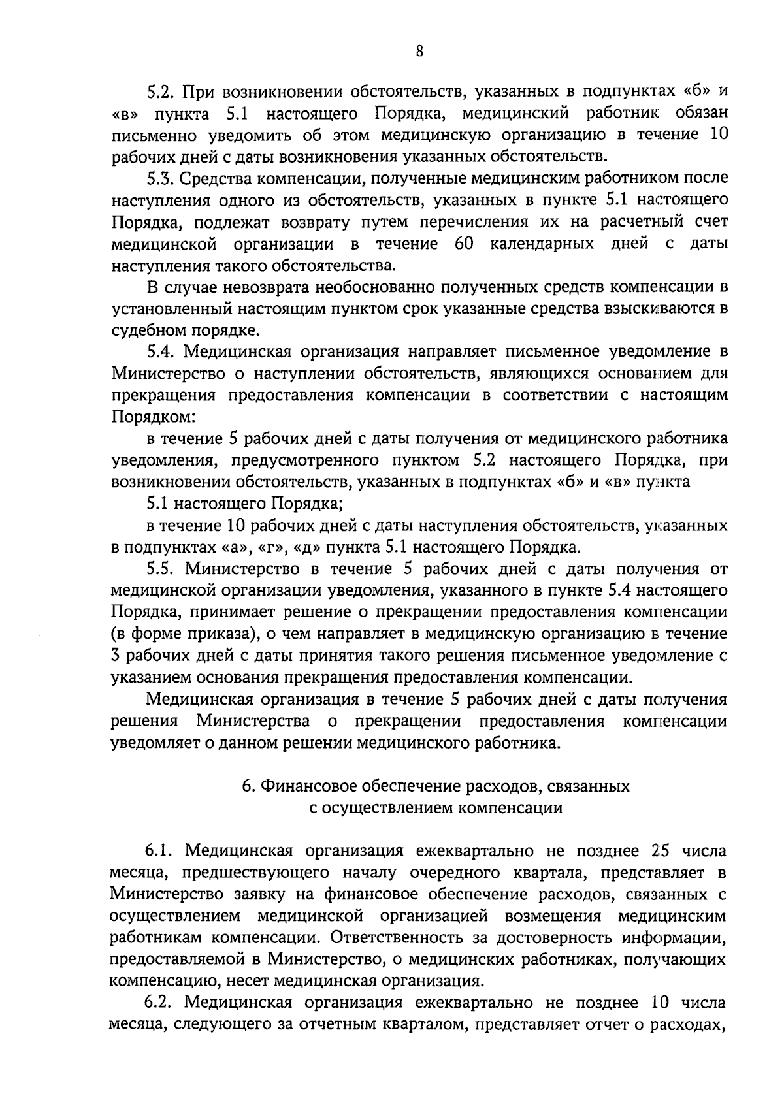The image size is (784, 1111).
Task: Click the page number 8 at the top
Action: (x=419, y=52)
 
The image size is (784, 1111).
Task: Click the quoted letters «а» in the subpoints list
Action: (x=234, y=547)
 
